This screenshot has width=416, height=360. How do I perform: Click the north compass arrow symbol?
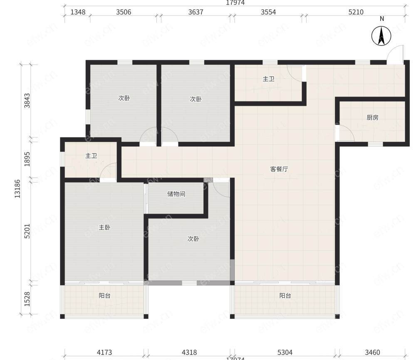tap(381, 36)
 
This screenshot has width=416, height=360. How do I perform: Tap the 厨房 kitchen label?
tap(372, 118)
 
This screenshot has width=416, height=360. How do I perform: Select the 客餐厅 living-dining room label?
tap(279, 169)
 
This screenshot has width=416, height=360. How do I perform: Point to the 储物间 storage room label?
tap(176, 194)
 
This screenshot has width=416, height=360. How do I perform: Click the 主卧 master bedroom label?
tap(104, 227)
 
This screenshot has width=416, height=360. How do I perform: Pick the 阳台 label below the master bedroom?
tap(104, 296)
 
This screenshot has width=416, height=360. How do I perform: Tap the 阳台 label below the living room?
tap(285, 296)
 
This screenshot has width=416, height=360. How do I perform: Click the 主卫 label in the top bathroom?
tap(268, 79)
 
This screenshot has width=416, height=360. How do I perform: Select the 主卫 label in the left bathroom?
tap(91, 156)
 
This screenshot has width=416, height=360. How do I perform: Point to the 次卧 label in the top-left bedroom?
tap(124, 98)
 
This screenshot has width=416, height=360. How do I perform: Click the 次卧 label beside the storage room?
tap(193, 239)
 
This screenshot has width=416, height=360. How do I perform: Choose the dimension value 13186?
tap(17, 189)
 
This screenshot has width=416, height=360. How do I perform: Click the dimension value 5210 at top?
tap(356, 12)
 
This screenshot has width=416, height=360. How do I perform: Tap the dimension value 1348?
tap(78, 12)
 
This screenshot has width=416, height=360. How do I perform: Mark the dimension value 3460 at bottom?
tap(372, 353)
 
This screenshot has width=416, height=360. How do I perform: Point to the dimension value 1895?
tap(27, 159)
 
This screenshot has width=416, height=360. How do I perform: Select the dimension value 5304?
tap(285, 353)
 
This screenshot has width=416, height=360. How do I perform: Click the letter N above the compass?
tap(382, 19)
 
